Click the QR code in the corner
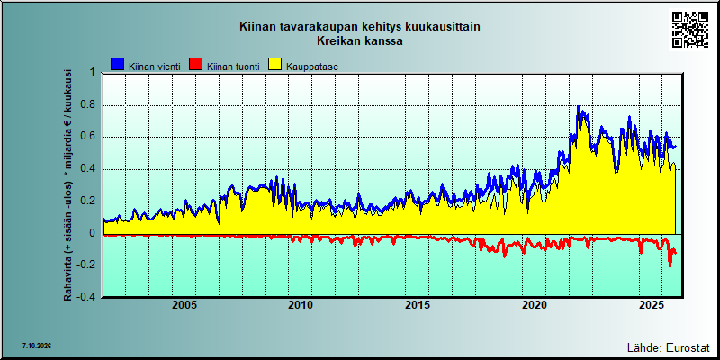[690, 30]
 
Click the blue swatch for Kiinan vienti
[119, 65]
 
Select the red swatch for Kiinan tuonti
[196, 65]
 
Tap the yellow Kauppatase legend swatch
[275, 65]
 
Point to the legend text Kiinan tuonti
[233, 67]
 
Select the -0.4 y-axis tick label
[86, 297]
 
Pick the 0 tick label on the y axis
[92, 234]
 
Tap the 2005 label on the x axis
[184, 305]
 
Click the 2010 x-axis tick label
[301, 305]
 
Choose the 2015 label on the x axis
[418, 305]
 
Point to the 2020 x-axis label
[535, 305]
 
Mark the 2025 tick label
[651, 305]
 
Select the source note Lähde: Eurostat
[668, 347]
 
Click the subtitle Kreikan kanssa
[359, 40]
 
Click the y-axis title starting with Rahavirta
[67, 184]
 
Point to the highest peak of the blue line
[578, 107]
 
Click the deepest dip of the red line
[670, 265]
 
